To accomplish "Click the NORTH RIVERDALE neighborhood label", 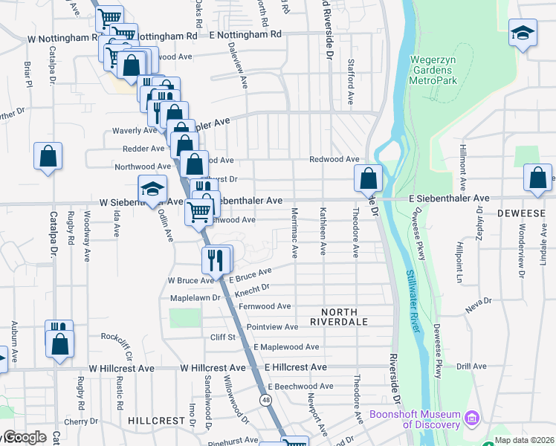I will (x=339, y=317).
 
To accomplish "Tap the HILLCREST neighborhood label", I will (x=156, y=420).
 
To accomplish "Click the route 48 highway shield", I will (x=265, y=400).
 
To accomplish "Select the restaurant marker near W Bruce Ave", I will (x=213, y=259).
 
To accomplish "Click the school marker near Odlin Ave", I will (x=152, y=189).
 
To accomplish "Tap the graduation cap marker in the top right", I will (x=523, y=33).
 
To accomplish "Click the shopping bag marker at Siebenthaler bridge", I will (x=368, y=178).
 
